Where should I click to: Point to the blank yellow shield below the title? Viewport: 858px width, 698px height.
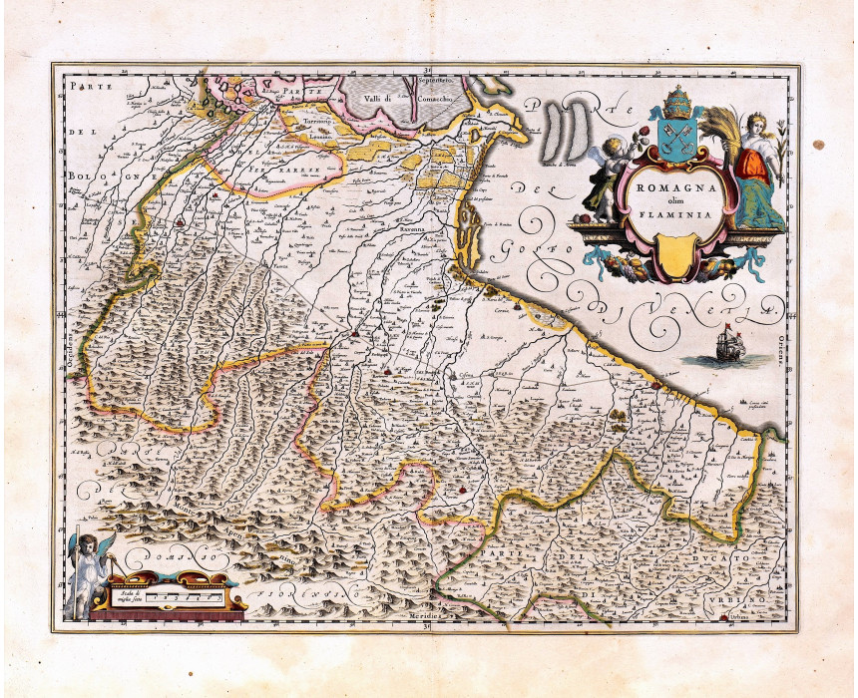coord(676,254)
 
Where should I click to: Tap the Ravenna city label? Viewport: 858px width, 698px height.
coord(415,228)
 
